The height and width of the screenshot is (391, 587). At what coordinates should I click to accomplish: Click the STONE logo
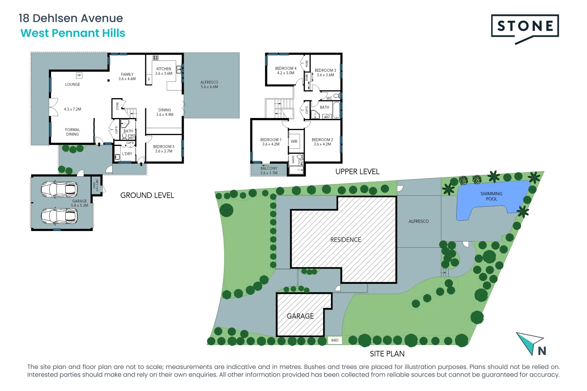point(525,26)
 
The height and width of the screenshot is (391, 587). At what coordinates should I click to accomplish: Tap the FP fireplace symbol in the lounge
point(79,75)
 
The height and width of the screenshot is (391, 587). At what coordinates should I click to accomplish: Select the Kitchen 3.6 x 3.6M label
point(164,71)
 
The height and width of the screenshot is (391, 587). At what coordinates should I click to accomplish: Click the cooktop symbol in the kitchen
point(155,58)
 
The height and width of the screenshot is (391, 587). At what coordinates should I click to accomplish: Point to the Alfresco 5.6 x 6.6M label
point(209,84)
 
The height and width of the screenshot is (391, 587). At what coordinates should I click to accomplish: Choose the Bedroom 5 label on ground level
point(164,149)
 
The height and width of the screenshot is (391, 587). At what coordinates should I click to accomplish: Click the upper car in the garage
point(59,189)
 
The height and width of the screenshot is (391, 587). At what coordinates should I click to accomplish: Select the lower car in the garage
point(59,216)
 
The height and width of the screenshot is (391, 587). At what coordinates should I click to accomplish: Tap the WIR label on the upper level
point(294,142)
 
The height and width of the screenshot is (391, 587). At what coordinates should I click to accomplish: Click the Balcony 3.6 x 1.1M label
point(269,171)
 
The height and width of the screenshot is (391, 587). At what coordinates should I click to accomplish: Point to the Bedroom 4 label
point(286,71)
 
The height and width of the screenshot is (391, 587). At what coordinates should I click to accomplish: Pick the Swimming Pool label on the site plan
point(491,196)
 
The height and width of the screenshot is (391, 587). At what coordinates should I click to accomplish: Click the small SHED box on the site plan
point(334,340)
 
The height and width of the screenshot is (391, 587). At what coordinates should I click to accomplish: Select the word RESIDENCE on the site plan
point(346,240)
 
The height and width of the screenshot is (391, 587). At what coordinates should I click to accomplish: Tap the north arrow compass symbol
point(530,344)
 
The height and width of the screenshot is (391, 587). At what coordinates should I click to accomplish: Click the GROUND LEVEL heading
point(147,195)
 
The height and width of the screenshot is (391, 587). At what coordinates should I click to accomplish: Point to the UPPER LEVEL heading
point(357,172)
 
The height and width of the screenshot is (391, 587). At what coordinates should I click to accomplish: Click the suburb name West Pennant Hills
point(73,33)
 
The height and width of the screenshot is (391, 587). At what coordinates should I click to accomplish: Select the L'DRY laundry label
point(127,154)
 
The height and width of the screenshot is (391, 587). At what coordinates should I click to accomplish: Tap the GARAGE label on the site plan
point(300,316)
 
